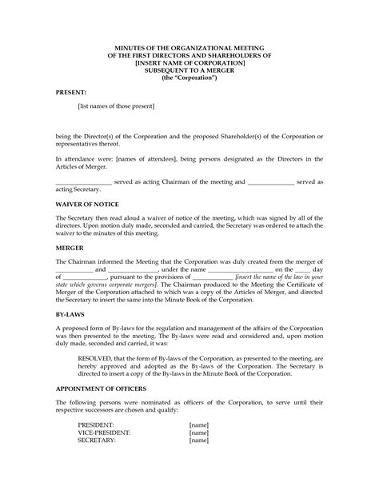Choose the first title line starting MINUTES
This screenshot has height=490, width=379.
[189, 46]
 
